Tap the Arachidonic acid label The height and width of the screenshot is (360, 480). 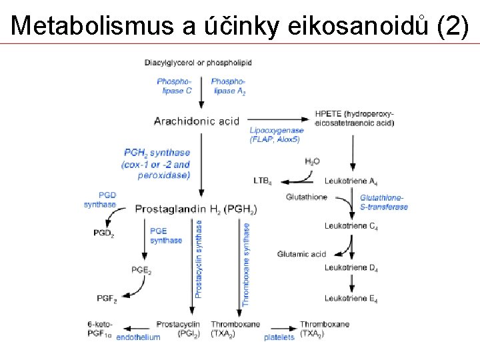coord(196,121)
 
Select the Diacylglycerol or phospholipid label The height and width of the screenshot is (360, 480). coord(198,63)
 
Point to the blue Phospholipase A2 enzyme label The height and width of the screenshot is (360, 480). coord(227,86)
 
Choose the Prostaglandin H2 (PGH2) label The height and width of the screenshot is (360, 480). coord(197,209)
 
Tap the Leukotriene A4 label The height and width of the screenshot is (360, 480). coord(351,181)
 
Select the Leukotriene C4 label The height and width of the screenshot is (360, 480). coord(351,226)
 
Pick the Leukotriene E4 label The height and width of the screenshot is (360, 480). coord(351,299)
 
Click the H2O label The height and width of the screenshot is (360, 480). coord(312,161)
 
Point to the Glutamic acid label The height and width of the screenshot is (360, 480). coord(301,254)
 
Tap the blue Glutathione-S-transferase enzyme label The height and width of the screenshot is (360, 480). coord(383,202)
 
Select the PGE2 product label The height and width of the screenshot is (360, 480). coord(141,270)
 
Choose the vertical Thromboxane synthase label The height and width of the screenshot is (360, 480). coord(246,264)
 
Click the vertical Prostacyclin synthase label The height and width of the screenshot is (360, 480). coord(198,259)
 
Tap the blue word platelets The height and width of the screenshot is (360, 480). coord(279,337)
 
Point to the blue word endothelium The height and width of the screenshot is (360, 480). coord(138,337)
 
